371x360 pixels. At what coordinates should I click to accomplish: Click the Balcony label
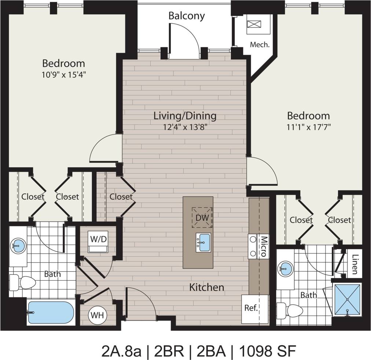tap(186, 16)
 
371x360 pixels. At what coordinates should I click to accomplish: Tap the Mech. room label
tap(260, 45)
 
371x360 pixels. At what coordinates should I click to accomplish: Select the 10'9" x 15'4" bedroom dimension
tap(64, 75)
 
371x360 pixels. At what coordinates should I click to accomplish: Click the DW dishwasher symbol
tap(202, 218)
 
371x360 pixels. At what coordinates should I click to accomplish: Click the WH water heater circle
tap(96, 315)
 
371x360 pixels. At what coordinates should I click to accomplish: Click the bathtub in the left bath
tap(51, 312)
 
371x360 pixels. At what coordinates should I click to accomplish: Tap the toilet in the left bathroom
tap(23, 282)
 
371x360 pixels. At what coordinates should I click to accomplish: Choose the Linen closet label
tap(354, 264)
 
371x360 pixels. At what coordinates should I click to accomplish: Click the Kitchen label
tap(206, 287)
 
